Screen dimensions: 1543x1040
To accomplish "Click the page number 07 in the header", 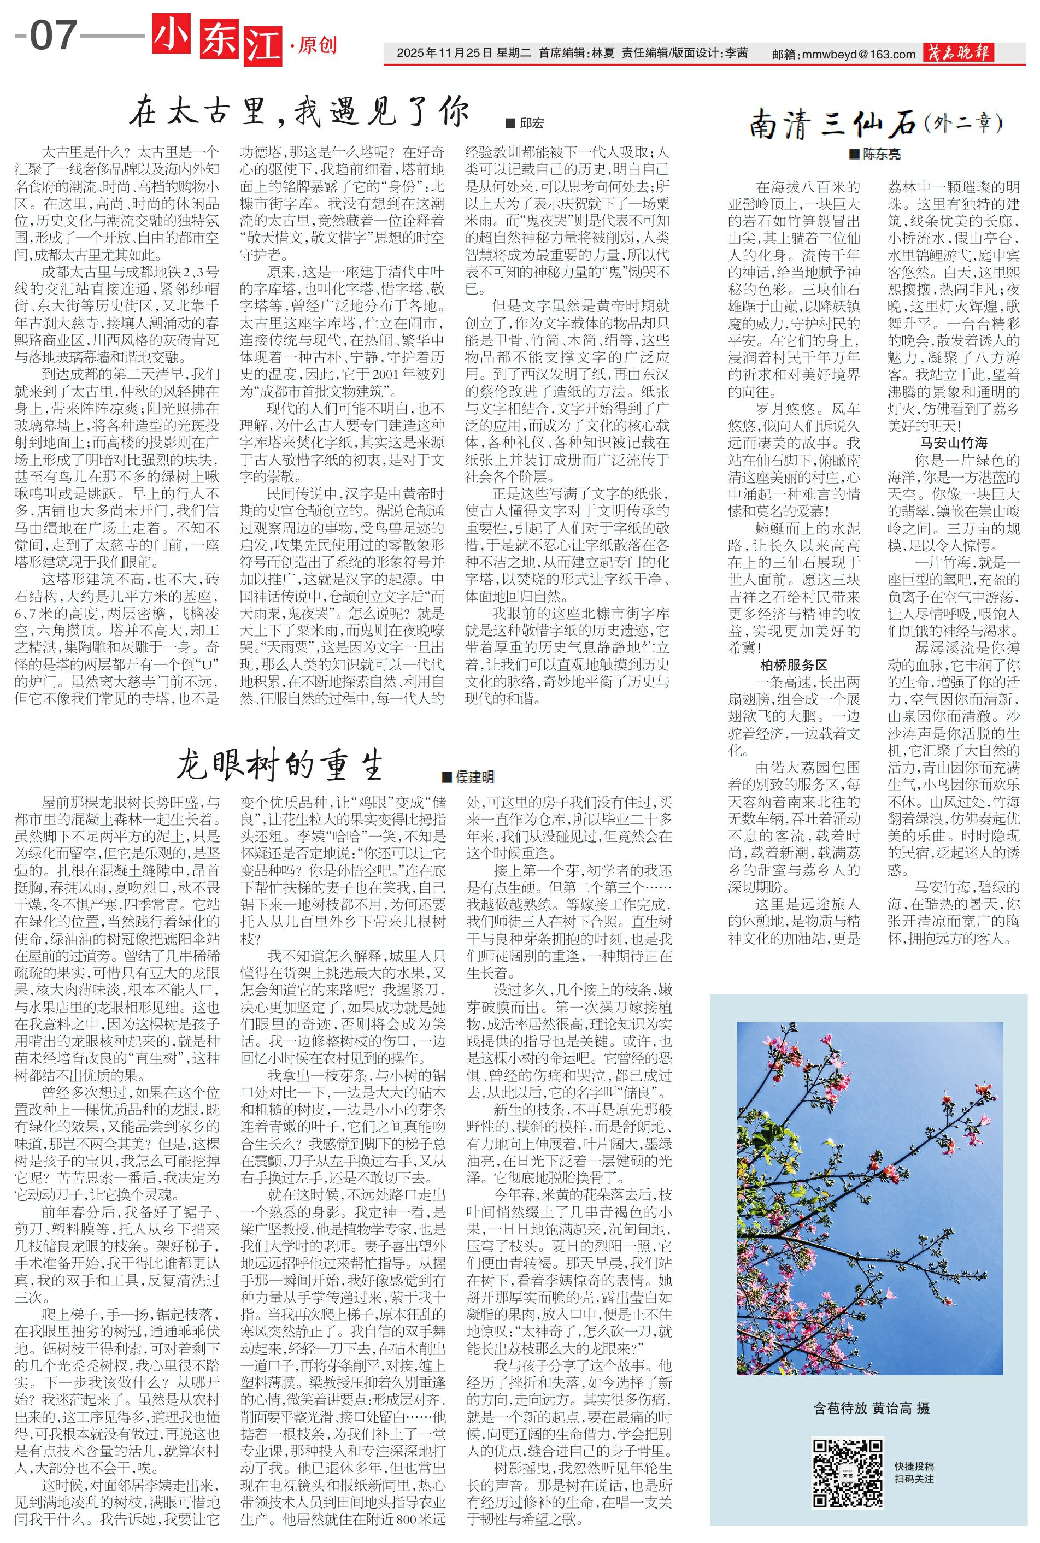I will [x=53, y=34].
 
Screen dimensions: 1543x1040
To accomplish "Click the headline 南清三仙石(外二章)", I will [x=876, y=123].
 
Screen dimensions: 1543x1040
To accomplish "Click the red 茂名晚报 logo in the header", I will [x=958, y=52].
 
